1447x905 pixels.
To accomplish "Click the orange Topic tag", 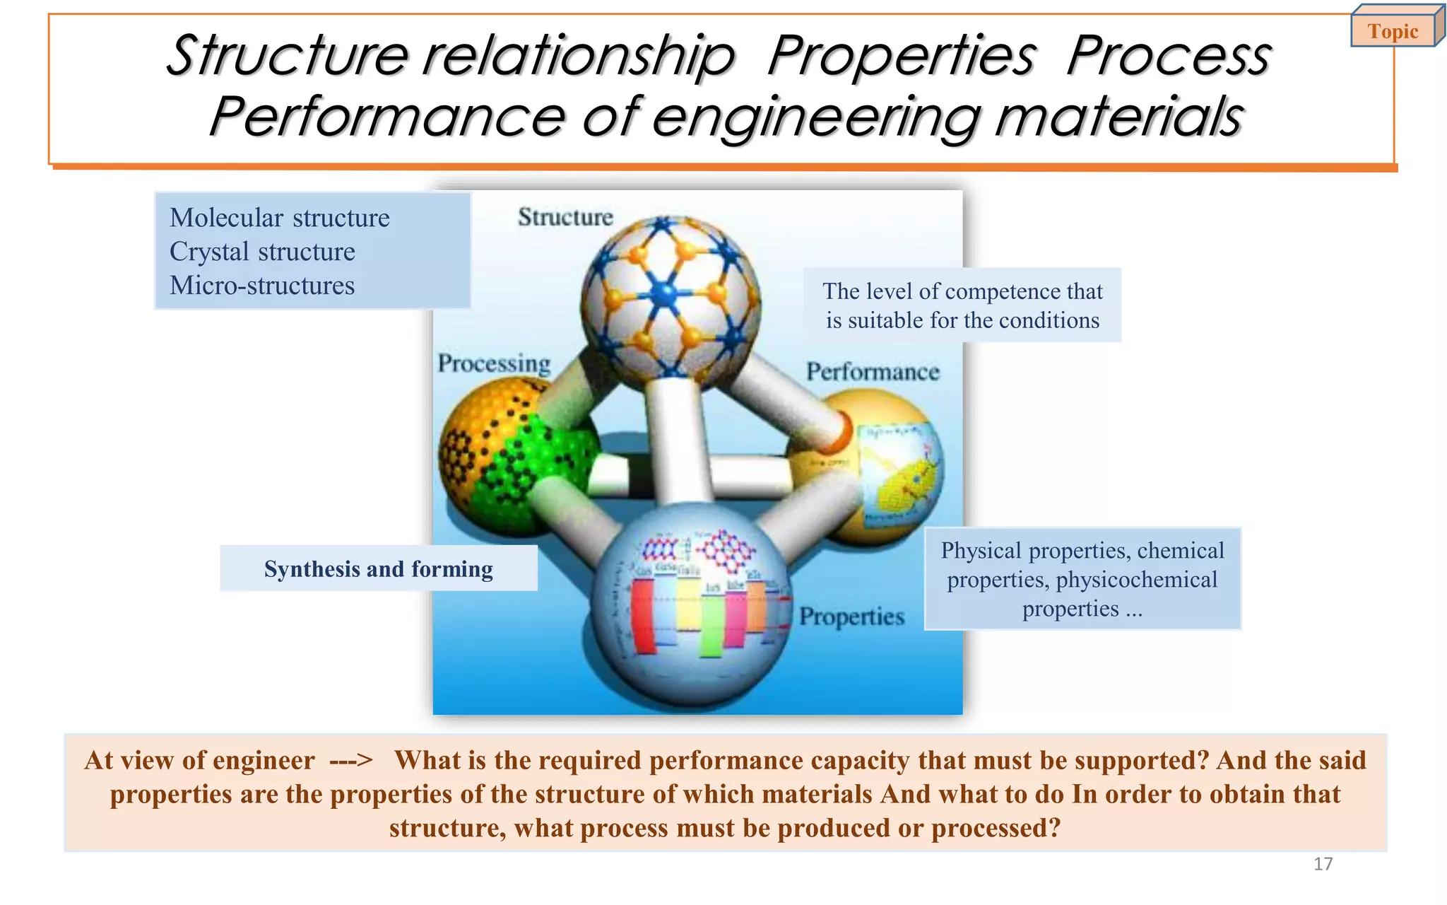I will coord(1393,31).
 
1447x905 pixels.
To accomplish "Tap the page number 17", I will coord(1323,863).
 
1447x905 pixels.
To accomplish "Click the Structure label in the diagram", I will coord(565,217).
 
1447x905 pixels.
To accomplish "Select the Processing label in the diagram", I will coord(494,363).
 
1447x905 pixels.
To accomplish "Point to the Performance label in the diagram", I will coord(873,372).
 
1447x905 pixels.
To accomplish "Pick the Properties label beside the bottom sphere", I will coord(851,617).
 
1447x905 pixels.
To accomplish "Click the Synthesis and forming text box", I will coord(379,568).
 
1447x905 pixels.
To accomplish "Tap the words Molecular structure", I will coord(279,218).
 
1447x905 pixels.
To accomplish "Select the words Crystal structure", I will coord(262,252).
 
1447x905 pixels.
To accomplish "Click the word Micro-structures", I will coord(262,286).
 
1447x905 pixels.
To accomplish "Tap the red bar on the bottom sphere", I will coord(643,615).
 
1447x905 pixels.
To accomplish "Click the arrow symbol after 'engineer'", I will coord(350,761).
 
